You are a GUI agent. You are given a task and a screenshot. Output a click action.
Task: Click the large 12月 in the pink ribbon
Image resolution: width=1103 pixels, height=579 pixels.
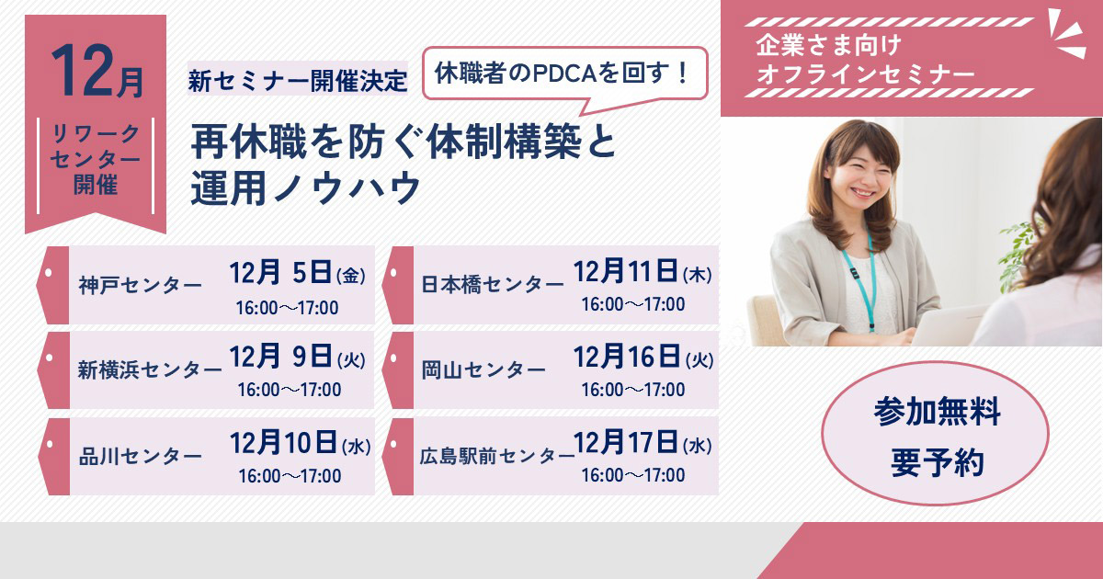(97, 71)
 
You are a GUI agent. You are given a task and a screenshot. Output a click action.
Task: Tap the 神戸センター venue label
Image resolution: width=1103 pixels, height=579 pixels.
(141, 285)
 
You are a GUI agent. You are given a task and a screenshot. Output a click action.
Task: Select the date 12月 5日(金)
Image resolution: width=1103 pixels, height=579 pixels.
(298, 273)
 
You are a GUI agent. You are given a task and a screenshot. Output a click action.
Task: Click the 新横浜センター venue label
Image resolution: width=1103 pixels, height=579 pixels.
(150, 370)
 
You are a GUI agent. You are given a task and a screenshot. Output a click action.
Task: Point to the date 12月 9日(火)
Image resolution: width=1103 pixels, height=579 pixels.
(298, 357)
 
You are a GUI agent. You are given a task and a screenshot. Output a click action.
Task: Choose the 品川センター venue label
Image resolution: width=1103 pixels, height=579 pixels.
(141, 457)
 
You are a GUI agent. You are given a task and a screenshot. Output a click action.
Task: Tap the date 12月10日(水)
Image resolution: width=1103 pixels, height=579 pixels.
(300, 443)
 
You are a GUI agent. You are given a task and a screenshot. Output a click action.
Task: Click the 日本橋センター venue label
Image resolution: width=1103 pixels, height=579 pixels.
(493, 285)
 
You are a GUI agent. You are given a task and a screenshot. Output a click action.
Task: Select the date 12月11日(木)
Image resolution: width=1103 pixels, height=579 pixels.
(642, 272)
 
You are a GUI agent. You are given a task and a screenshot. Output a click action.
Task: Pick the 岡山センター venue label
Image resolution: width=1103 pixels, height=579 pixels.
(483, 370)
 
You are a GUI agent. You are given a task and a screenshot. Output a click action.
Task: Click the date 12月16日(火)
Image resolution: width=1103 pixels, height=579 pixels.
(643, 357)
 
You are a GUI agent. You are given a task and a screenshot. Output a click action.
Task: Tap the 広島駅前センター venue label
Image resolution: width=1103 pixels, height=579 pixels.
(497, 457)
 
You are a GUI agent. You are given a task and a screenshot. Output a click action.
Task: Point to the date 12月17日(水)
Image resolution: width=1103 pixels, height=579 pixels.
(642, 442)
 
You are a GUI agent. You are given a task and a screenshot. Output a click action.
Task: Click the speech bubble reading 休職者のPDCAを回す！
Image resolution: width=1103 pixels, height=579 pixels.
(564, 74)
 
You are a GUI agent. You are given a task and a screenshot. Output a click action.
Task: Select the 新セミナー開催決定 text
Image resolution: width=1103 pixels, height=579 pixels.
(298, 80)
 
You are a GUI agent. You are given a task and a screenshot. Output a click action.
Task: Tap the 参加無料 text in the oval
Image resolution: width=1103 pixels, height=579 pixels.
(937, 412)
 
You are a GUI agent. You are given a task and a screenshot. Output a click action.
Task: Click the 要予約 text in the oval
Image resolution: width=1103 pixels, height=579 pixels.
(937, 462)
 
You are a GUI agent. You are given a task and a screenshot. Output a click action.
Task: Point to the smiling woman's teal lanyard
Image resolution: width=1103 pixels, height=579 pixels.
(859, 280)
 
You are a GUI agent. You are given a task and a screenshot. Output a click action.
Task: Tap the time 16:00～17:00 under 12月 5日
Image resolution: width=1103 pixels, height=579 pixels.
(287, 308)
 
